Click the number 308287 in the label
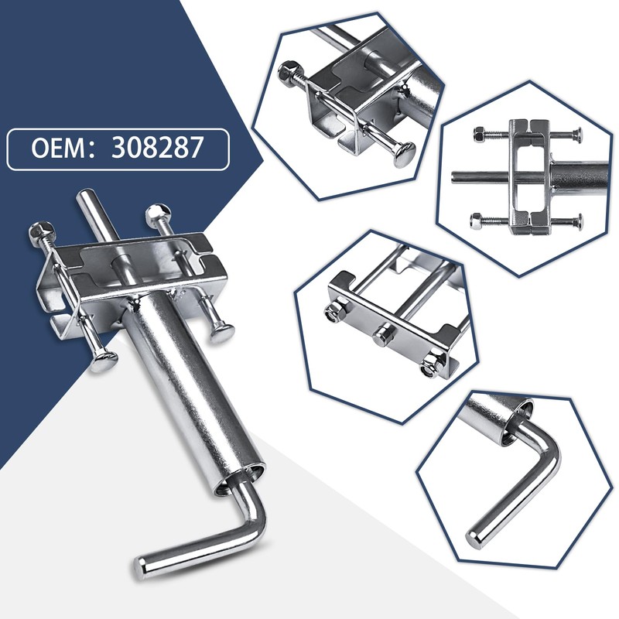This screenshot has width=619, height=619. coord(157,148)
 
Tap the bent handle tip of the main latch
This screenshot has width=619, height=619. coord(141,568)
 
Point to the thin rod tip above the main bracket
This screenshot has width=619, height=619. coord(86,195)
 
